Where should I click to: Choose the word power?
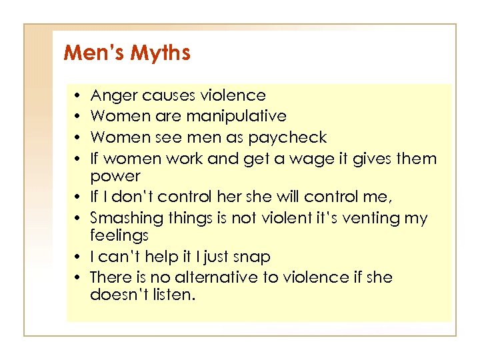pyautogui.click(x=115, y=177)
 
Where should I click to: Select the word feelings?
pyautogui.click(x=119, y=236)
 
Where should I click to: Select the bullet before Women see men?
pyautogui.click(x=79, y=138)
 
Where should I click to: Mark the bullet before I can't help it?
pyautogui.click(x=79, y=257)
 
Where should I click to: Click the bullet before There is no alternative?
pyautogui.click(x=79, y=277)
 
